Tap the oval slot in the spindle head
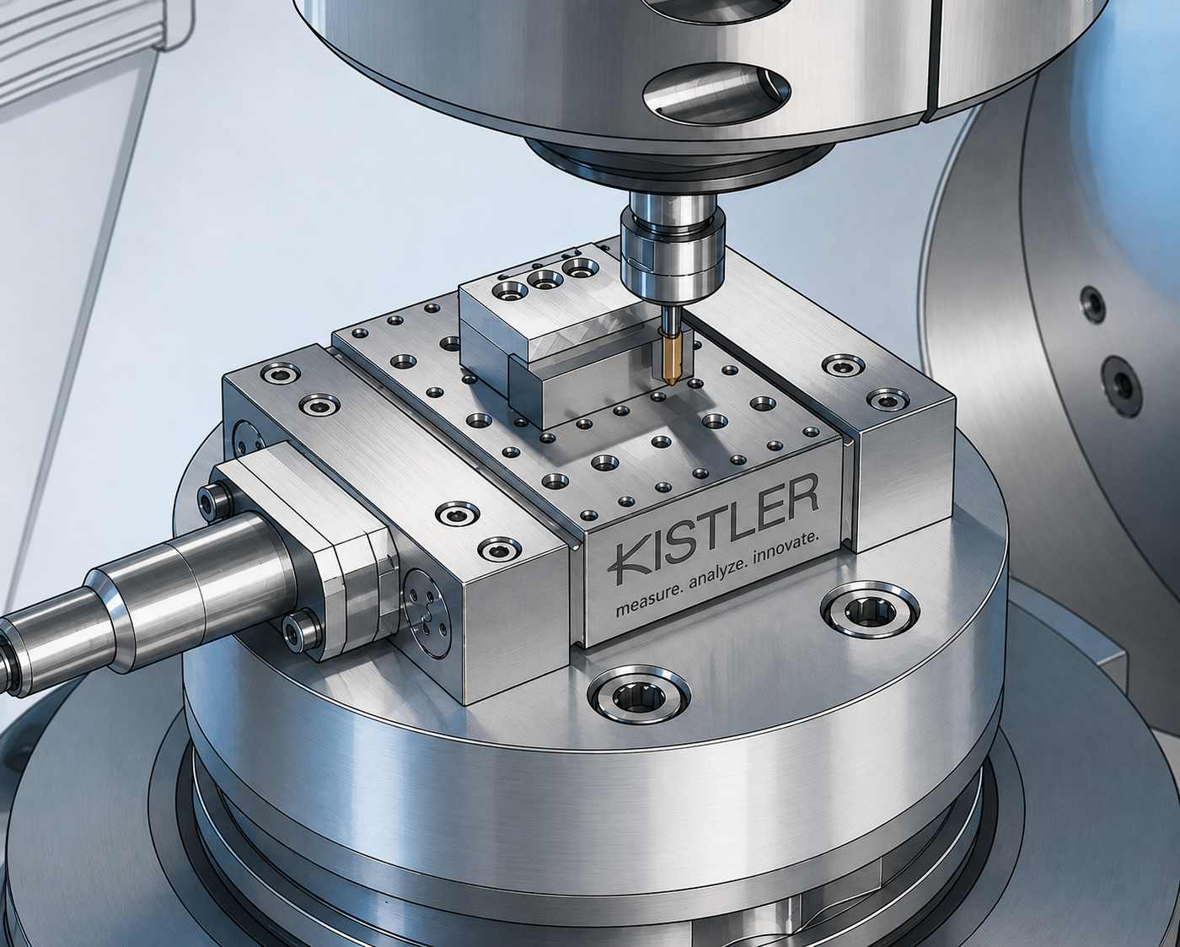tap(716, 90)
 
